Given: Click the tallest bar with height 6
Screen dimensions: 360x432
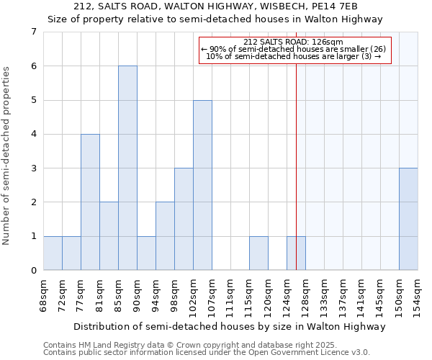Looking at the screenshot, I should pyautogui.click(x=127, y=168).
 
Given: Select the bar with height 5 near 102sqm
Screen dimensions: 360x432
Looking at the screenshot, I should pyautogui.click(x=202, y=185).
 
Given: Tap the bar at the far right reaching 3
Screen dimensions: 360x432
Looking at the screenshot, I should pyautogui.click(x=408, y=219).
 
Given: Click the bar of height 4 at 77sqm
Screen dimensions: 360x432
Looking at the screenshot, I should pyautogui.click(x=90, y=202).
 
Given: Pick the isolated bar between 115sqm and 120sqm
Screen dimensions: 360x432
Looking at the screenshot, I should pyautogui.click(x=258, y=253).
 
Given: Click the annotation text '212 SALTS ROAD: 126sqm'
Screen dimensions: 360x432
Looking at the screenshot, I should pyautogui.click(x=293, y=42).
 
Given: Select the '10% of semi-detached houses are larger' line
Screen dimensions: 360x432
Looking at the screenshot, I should pyautogui.click(x=293, y=56).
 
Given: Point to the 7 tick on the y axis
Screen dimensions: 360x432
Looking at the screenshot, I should pyautogui.click(x=33, y=32).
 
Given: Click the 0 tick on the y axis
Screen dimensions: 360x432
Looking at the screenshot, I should pyautogui.click(x=33, y=271).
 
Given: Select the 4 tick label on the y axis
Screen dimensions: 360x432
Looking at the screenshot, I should pyautogui.click(x=33, y=134).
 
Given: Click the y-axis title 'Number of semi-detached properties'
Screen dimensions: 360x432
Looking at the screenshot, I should pyautogui.click(x=7, y=156).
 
